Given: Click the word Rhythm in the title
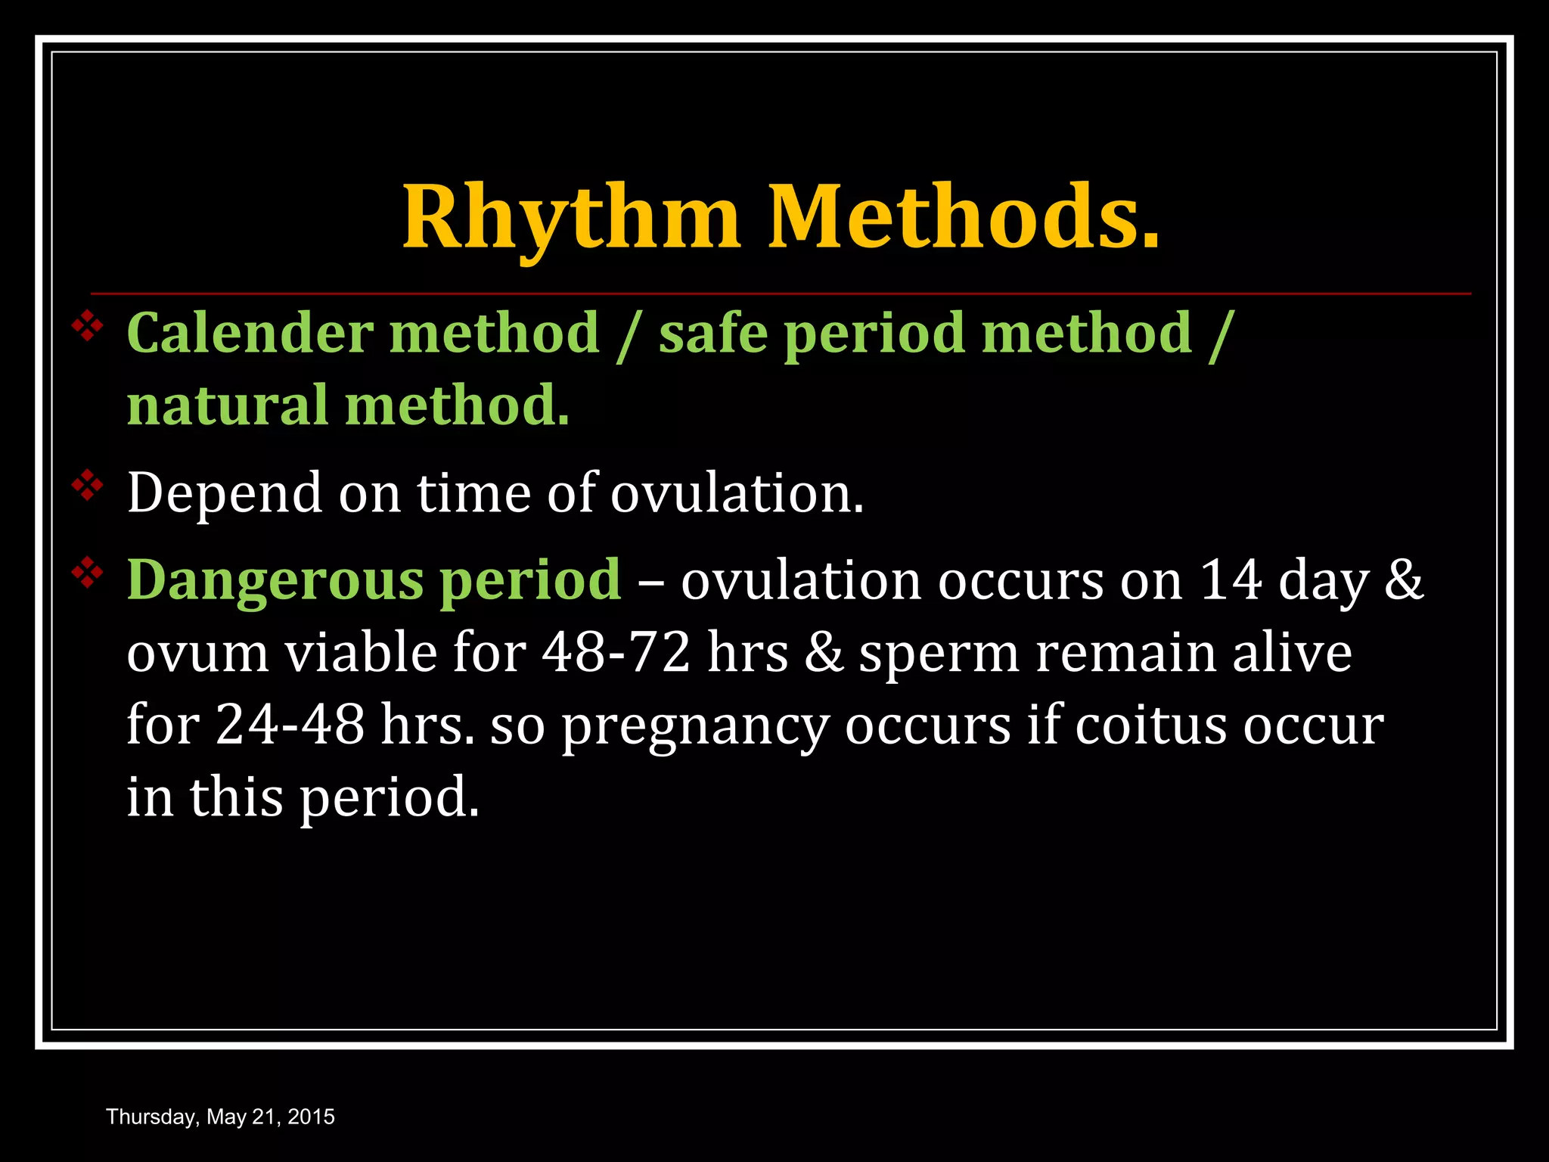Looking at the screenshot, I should click(570, 217).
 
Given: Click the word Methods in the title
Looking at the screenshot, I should click(963, 217).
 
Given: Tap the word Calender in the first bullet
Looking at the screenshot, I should click(250, 333).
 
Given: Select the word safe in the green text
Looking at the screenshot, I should click(711, 333).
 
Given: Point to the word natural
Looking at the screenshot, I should click(227, 405).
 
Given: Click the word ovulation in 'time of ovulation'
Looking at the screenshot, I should click(737, 493).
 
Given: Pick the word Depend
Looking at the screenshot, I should click(224, 493).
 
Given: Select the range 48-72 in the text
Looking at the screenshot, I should click(616, 652).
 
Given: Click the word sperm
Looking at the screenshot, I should click(939, 652).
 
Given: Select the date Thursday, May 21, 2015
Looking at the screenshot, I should click(220, 1117).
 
